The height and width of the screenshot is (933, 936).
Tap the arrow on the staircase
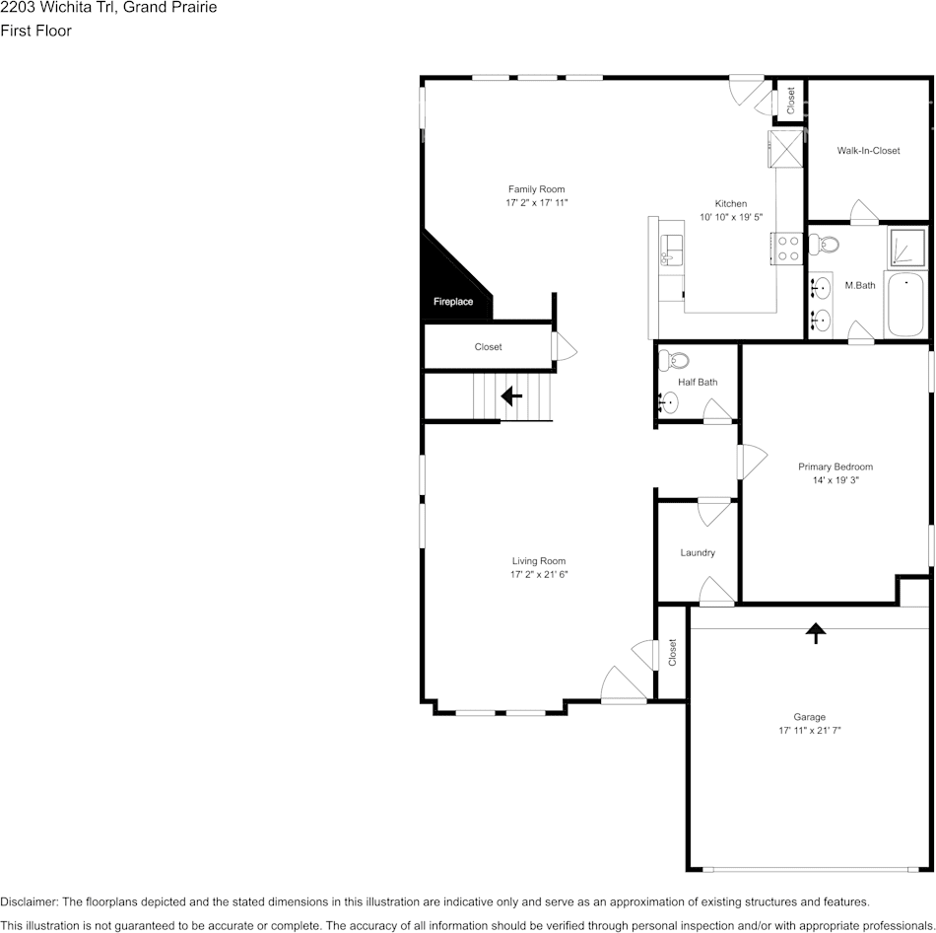pos(511,395)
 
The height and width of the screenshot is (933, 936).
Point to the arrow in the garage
pos(816,633)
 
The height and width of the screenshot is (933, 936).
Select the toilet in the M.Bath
pos(824,244)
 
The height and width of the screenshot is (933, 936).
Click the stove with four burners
pos(787,249)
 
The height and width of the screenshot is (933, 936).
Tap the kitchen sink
pos(672,250)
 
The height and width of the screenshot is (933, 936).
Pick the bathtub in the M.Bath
pos(906,305)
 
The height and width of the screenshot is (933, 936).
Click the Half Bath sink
pos(669,402)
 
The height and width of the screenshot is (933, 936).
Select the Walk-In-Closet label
pos(868,151)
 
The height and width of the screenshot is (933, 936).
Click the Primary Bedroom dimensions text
pos(836,480)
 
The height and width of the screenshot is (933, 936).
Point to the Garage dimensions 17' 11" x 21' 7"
pos(810,730)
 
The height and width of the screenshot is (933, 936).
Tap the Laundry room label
pos(698,553)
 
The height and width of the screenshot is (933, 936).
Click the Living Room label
pos(538,560)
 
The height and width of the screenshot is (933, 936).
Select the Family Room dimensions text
pos(537,202)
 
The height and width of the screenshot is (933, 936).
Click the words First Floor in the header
pos(35,31)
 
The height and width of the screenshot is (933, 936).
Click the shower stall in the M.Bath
pos(906,247)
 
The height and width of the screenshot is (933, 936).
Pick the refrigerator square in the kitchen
pos(786,149)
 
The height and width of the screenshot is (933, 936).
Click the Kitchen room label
pos(731,203)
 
